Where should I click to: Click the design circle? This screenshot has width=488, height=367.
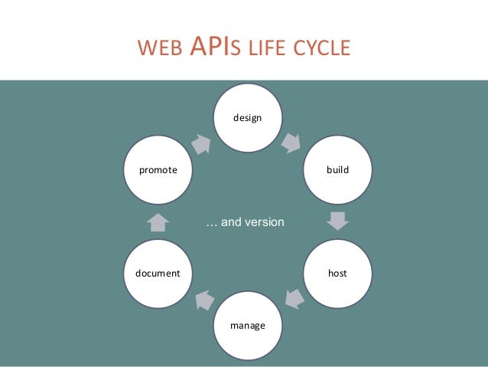coord(247,117)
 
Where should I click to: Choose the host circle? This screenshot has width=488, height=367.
coord(337,273)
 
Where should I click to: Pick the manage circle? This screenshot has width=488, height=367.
coord(247,325)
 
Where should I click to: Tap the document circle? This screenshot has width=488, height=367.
coord(158,273)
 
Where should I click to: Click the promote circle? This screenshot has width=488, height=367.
coord(158,169)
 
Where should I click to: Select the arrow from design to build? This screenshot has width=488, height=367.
coord(291,143)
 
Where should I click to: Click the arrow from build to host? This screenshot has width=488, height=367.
coord(337,221)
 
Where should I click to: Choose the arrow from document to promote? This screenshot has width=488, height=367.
coord(158,221)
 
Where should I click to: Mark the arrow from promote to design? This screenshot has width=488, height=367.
coord(202,143)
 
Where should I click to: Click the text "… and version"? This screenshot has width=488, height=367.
coord(246,222)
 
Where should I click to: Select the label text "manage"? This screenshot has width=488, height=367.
coord(247,326)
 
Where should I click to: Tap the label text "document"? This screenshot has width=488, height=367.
coord(158,273)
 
